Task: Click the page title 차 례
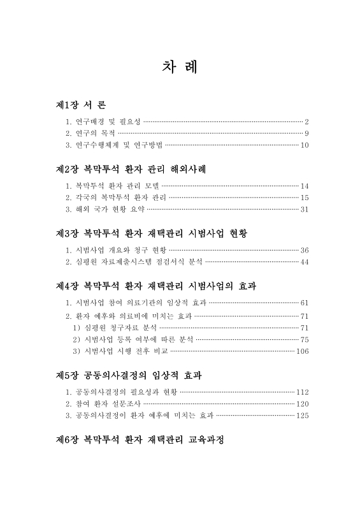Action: click(180, 67)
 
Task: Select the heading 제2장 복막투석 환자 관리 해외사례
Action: click(131, 169)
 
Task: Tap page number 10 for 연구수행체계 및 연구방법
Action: click(304, 145)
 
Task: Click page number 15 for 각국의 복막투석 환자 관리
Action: click(304, 198)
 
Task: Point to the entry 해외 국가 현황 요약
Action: click(105, 209)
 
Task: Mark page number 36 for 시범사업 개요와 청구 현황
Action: click(304, 250)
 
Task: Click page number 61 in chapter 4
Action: click(304, 302)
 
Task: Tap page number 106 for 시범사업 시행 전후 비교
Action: click(302, 351)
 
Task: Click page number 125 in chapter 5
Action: click(302, 416)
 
